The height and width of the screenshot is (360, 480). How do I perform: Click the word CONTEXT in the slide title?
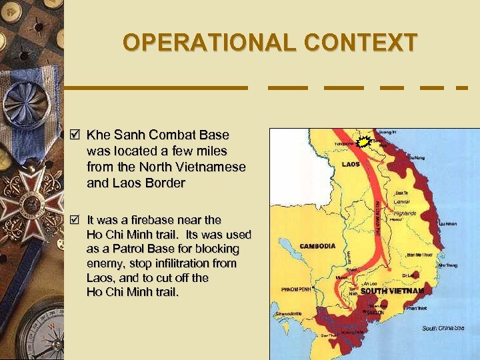coord(361,43)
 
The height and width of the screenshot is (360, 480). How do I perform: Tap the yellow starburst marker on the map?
coord(364,141)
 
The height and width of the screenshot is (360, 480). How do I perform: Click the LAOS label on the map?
coord(351,164)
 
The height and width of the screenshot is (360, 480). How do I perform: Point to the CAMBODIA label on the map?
coord(317,246)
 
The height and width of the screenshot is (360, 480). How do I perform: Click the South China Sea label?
coord(443,327)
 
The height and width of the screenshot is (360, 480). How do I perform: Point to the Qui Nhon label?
coord(447,224)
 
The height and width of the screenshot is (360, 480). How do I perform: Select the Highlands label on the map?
coord(405,213)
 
